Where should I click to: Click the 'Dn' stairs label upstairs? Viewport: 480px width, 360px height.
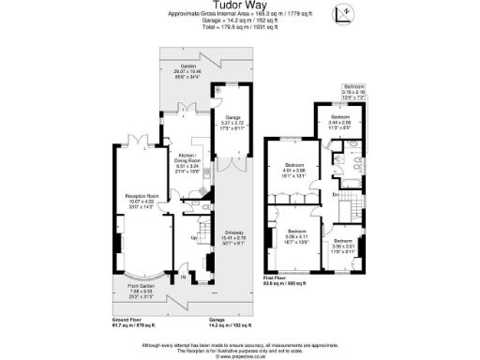[336, 194]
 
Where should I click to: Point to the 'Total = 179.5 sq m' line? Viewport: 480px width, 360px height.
[240, 26]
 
